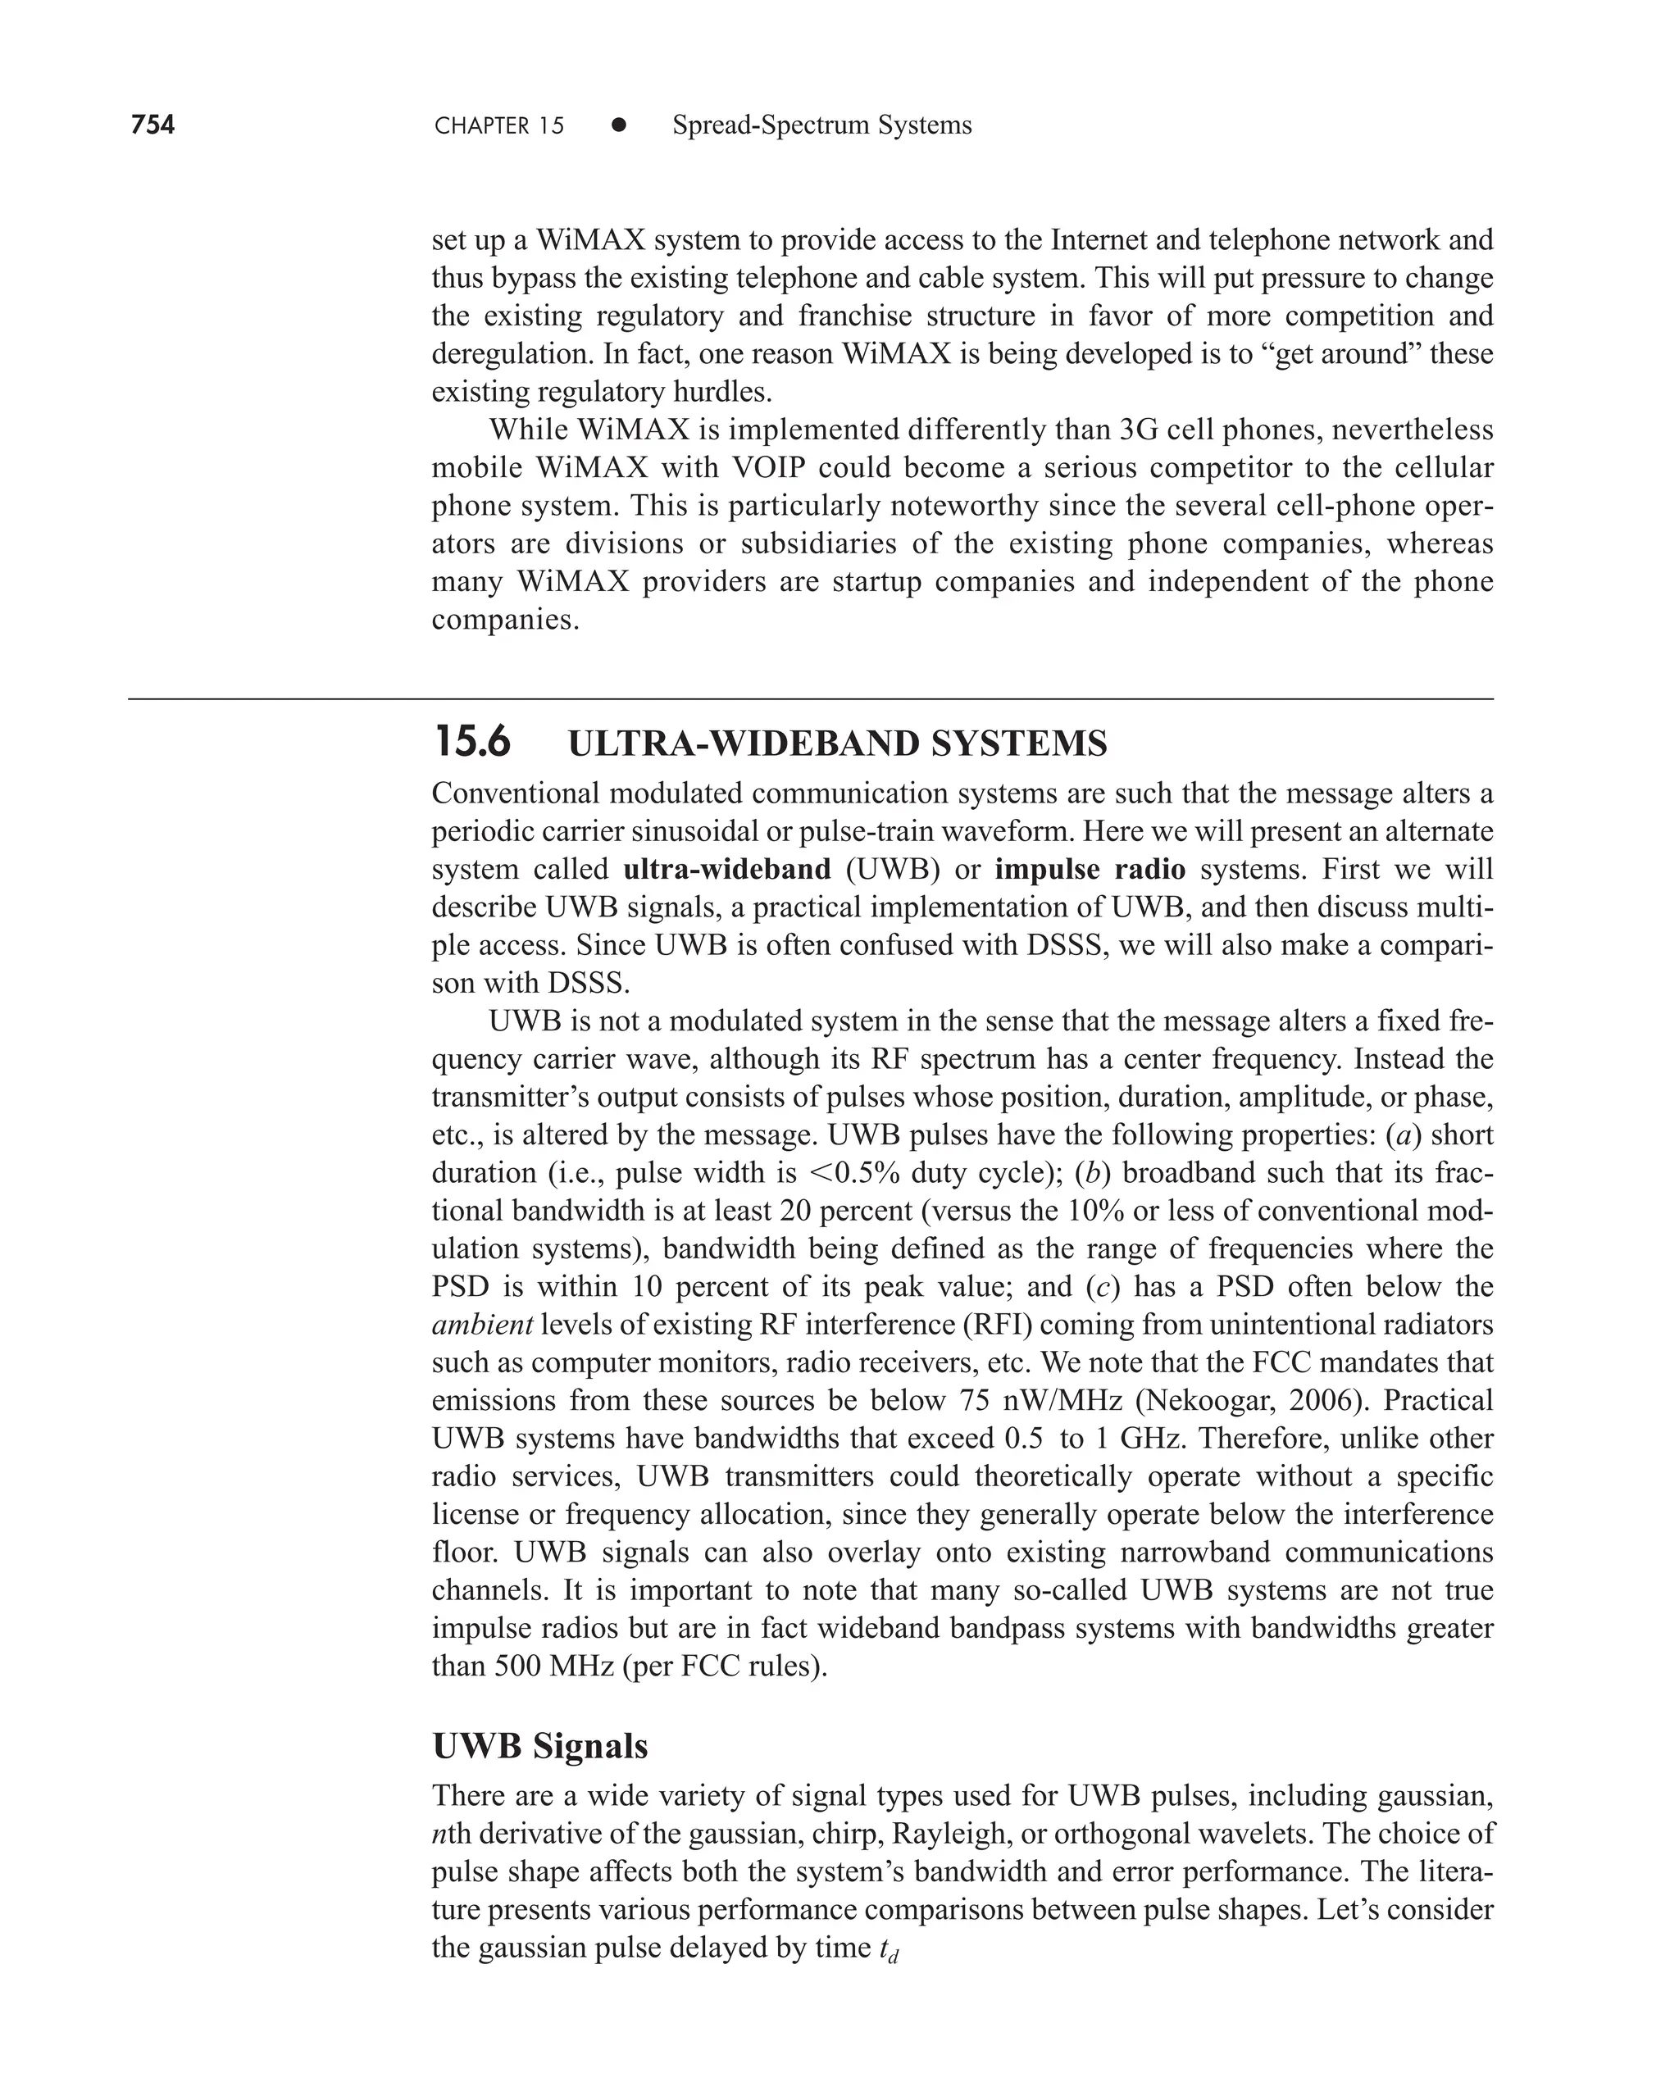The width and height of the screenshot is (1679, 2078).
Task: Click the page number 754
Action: (152, 125)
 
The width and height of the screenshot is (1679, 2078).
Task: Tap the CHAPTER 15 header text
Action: (499, 125)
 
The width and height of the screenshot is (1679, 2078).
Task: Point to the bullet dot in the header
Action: (619, 125)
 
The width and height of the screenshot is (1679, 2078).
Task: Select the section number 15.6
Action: (472, 743)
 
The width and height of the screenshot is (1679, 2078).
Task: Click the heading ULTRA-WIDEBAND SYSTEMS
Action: (838, 743)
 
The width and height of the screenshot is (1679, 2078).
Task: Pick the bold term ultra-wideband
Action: (727, 868)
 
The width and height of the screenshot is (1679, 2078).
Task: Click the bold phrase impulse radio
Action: (1090, 868)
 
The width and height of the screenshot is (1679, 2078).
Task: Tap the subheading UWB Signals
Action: (539, 1745)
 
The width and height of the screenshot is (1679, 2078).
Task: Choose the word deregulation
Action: (512, 354)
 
